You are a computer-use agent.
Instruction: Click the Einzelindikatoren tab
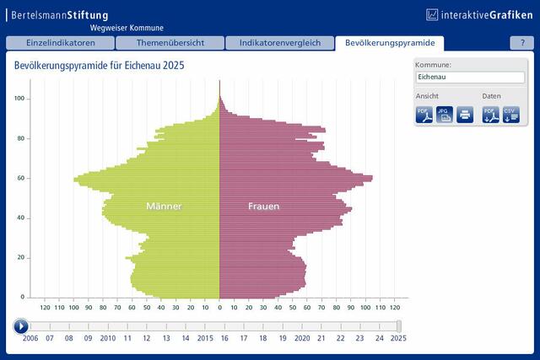60,43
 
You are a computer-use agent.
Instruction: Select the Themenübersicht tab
170,43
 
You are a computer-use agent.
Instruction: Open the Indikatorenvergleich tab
280,43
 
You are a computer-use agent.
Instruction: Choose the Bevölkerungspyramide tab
390,43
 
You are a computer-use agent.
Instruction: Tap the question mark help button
522,43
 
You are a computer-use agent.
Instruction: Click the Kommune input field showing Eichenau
470,77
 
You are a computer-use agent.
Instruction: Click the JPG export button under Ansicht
445,115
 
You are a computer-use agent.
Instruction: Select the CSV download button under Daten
511,115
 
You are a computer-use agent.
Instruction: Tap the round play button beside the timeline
21,326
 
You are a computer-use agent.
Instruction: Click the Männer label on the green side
164,207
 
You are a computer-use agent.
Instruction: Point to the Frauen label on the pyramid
264,207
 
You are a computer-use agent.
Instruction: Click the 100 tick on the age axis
19,99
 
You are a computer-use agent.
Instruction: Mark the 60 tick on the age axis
20,178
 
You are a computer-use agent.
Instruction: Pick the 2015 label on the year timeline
205,338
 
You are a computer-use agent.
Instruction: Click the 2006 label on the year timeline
30,338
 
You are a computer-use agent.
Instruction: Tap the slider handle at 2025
399,326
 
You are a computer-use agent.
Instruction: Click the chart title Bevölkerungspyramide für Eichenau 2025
100,66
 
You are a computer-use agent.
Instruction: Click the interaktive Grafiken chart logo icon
432,15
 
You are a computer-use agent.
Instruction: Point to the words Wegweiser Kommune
127,28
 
